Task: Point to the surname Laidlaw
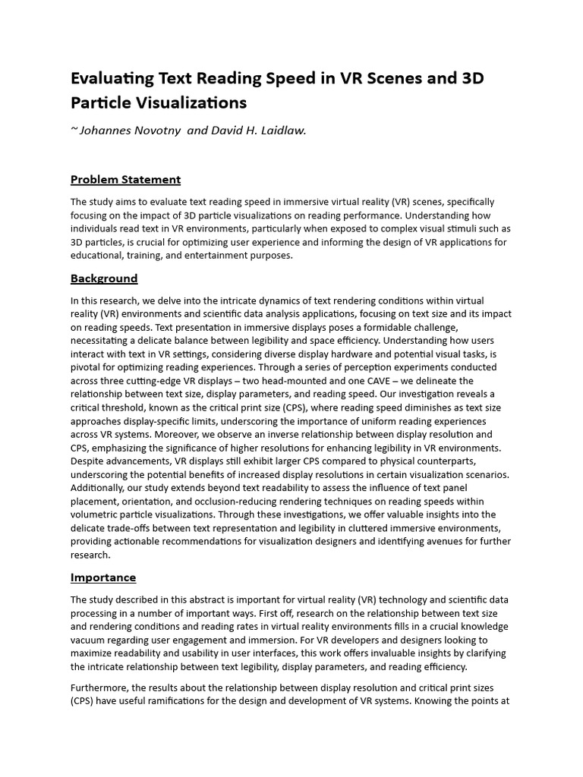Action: pos(283,131)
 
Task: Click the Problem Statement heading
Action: pos(125,180)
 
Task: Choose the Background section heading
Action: pos(104,278)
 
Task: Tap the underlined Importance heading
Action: pos(103,577)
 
